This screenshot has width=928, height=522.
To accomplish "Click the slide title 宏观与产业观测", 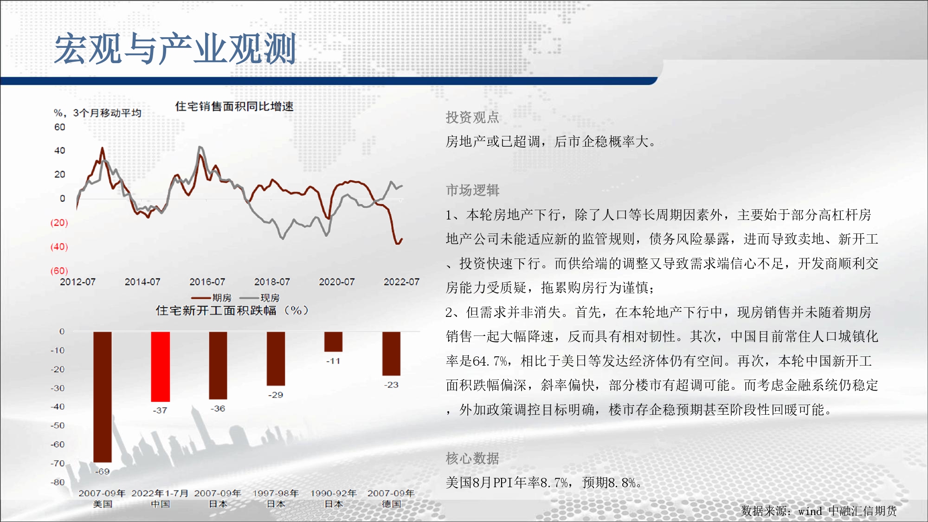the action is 175,49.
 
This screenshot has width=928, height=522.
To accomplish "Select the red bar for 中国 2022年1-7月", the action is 160,367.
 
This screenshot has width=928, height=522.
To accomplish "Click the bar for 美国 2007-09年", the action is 102,397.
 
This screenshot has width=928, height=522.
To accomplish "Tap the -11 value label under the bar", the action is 333,361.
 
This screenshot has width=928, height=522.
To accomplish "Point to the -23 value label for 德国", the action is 391,385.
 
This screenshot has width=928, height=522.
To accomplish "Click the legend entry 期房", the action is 211,298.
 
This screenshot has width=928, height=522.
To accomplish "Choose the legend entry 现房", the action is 259,298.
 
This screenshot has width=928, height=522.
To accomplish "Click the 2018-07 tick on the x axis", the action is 272,282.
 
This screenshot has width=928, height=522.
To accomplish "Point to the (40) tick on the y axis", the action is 59,246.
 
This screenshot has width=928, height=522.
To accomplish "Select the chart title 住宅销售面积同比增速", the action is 234,106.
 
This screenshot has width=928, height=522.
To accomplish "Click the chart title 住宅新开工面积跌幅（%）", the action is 232,310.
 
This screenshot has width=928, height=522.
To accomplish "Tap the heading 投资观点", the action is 472,117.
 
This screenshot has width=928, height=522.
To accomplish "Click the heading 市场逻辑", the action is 472,190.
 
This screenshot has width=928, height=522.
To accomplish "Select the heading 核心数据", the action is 472,458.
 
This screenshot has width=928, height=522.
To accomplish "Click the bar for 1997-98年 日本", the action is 276,359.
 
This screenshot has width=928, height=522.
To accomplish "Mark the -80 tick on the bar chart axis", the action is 58,482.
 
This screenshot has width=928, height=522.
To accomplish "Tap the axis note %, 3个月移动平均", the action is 97,113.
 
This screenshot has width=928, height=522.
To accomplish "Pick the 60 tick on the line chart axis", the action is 60,127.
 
